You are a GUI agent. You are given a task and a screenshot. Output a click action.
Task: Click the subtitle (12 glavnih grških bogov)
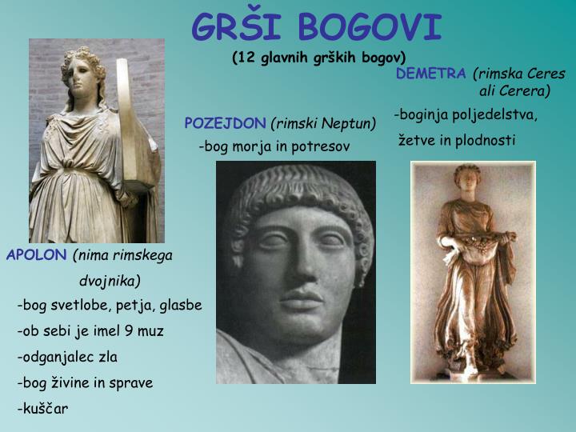(x=319, y=57)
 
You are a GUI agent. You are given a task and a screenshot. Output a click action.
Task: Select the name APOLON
(x=36, y=255)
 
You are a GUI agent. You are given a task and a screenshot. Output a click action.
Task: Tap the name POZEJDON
(x=225, y=123)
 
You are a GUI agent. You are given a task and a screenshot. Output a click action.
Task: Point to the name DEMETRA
(x=430, y=74)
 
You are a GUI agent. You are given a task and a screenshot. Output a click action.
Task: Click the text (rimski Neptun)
(x=323, y=123)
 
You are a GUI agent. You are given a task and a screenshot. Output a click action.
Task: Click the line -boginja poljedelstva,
(x=466, y=115)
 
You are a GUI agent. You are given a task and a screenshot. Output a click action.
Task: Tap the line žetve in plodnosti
(x=457, y=141)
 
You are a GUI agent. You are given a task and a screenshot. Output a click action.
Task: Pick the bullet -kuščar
(x=42, y=409)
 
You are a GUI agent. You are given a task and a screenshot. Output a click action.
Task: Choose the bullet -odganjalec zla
(x=67, y=357)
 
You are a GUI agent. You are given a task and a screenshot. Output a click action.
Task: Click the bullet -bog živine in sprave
(x=85, y=382)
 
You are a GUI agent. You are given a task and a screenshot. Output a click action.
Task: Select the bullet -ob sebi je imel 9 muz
(x=90, y=331)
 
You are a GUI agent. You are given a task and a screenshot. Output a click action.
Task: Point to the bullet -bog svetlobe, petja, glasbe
(x=110, y=306)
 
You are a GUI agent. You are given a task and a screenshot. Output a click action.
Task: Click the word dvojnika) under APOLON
(x=110, y=280)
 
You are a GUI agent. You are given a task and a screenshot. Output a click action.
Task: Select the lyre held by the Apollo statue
(x=134, y=128)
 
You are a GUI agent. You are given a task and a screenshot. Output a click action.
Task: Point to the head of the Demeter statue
(x=466, y=180)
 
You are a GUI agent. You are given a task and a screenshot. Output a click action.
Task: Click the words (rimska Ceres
(x=519, y=74)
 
